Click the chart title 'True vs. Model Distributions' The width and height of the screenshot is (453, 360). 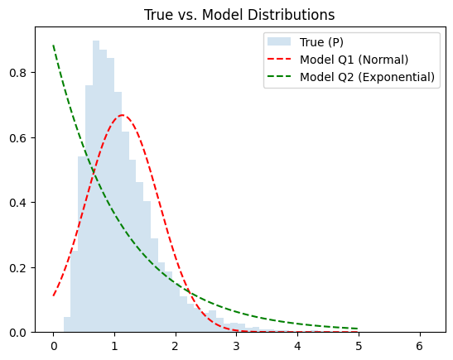[x=239, y=15]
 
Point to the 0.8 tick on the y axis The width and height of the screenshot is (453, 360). [x=17, y=72]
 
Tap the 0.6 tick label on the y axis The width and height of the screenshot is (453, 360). [x=17, y=137]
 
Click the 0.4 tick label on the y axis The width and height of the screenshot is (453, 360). [x=17, y=202]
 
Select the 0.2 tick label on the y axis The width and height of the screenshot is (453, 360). [x=17, y=267]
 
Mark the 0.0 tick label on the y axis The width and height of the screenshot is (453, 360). [x=17, y=332]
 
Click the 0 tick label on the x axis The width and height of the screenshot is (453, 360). [x=54, y=345]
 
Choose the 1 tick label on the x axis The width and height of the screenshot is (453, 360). [x=114, y=345]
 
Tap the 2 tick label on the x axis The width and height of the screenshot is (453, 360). [x=176, y=345]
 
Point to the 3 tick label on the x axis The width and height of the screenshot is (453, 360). [x=236, y=345]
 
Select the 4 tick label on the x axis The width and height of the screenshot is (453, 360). [x=297, y=345]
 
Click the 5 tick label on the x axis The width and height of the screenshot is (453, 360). [x=358, y=345]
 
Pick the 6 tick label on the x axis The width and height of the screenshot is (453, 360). [x=419, y=345]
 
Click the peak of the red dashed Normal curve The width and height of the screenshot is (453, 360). [x=123, y=115]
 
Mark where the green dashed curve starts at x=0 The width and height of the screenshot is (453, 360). [x=54, y=46]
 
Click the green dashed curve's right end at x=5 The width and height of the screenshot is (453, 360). [x=358, y=329]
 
